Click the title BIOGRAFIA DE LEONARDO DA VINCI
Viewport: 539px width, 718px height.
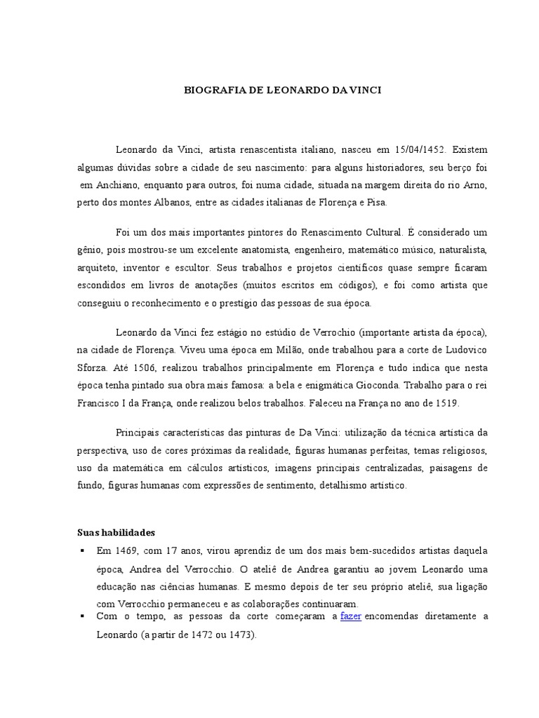click(x=282, y=91)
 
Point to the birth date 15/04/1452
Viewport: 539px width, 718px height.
click(x=420, y=150)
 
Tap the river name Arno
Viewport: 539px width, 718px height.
click(x=476, y=185)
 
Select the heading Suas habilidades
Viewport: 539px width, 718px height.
click(x=116, y=533)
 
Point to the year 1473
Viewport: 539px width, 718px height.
click(x=242, y=635)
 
